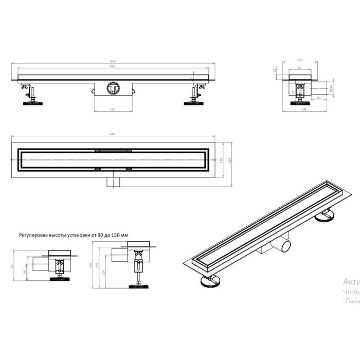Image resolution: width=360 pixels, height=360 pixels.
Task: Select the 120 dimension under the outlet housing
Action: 112,109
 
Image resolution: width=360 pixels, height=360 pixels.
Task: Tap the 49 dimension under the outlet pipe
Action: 319,97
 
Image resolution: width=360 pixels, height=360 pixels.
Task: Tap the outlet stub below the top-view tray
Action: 112,181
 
